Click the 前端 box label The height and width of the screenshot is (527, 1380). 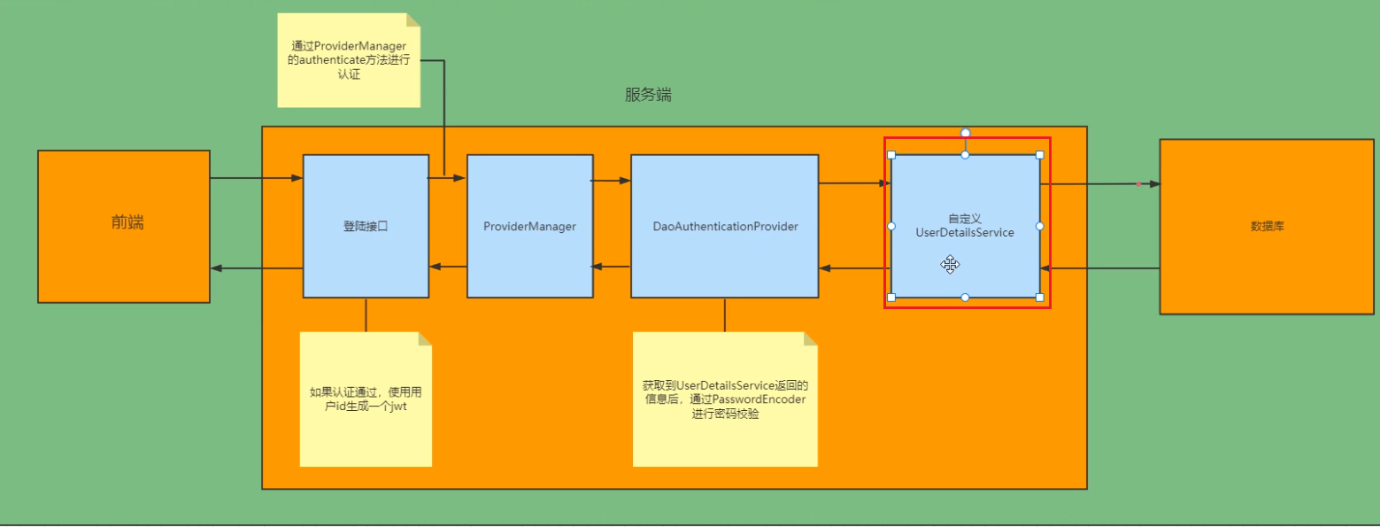[x=127, y=223]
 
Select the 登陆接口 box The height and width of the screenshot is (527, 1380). [x=366, y=227]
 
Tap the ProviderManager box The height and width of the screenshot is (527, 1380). [x=529, y=227]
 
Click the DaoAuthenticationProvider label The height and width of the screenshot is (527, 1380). [x=725, y=227]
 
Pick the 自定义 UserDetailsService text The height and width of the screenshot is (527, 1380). [x=965, y=225]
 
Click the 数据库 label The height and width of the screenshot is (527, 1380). [x=1267, y=227]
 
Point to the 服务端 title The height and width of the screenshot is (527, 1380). [x=648, y=96]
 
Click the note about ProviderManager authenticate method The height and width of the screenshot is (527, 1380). [x=348, y=61]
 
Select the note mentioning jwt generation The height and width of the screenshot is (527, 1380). [x=366, y=399]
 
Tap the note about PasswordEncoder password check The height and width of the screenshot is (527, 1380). [x=725, y=399]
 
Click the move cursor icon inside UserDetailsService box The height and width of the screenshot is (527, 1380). [x=950, y=264]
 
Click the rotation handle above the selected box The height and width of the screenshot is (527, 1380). [x=966, y=133]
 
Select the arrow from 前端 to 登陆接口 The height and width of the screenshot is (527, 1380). [x=257, y=179]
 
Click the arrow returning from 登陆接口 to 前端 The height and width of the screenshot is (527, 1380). [x=257, y=268]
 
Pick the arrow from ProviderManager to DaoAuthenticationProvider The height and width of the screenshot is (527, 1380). [x=612, y=181]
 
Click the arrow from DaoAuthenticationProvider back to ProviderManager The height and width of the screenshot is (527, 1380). [x=612, y=267]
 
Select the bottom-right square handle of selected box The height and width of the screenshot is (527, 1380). [x=1040, y=298]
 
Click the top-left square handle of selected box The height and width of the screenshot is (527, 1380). [x=891, y=155]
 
